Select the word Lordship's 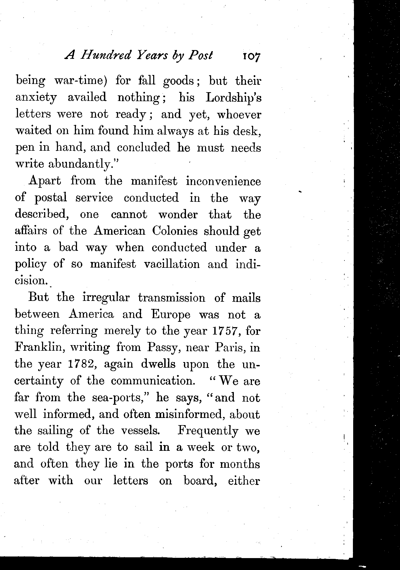point(233,98)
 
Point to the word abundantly point(83,164)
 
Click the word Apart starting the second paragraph point(45,181)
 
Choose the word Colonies point(175,231)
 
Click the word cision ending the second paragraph point(31,280)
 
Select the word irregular point(106,298)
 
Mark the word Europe point(171,314)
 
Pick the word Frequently point(208,431)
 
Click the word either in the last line point(244,481)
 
